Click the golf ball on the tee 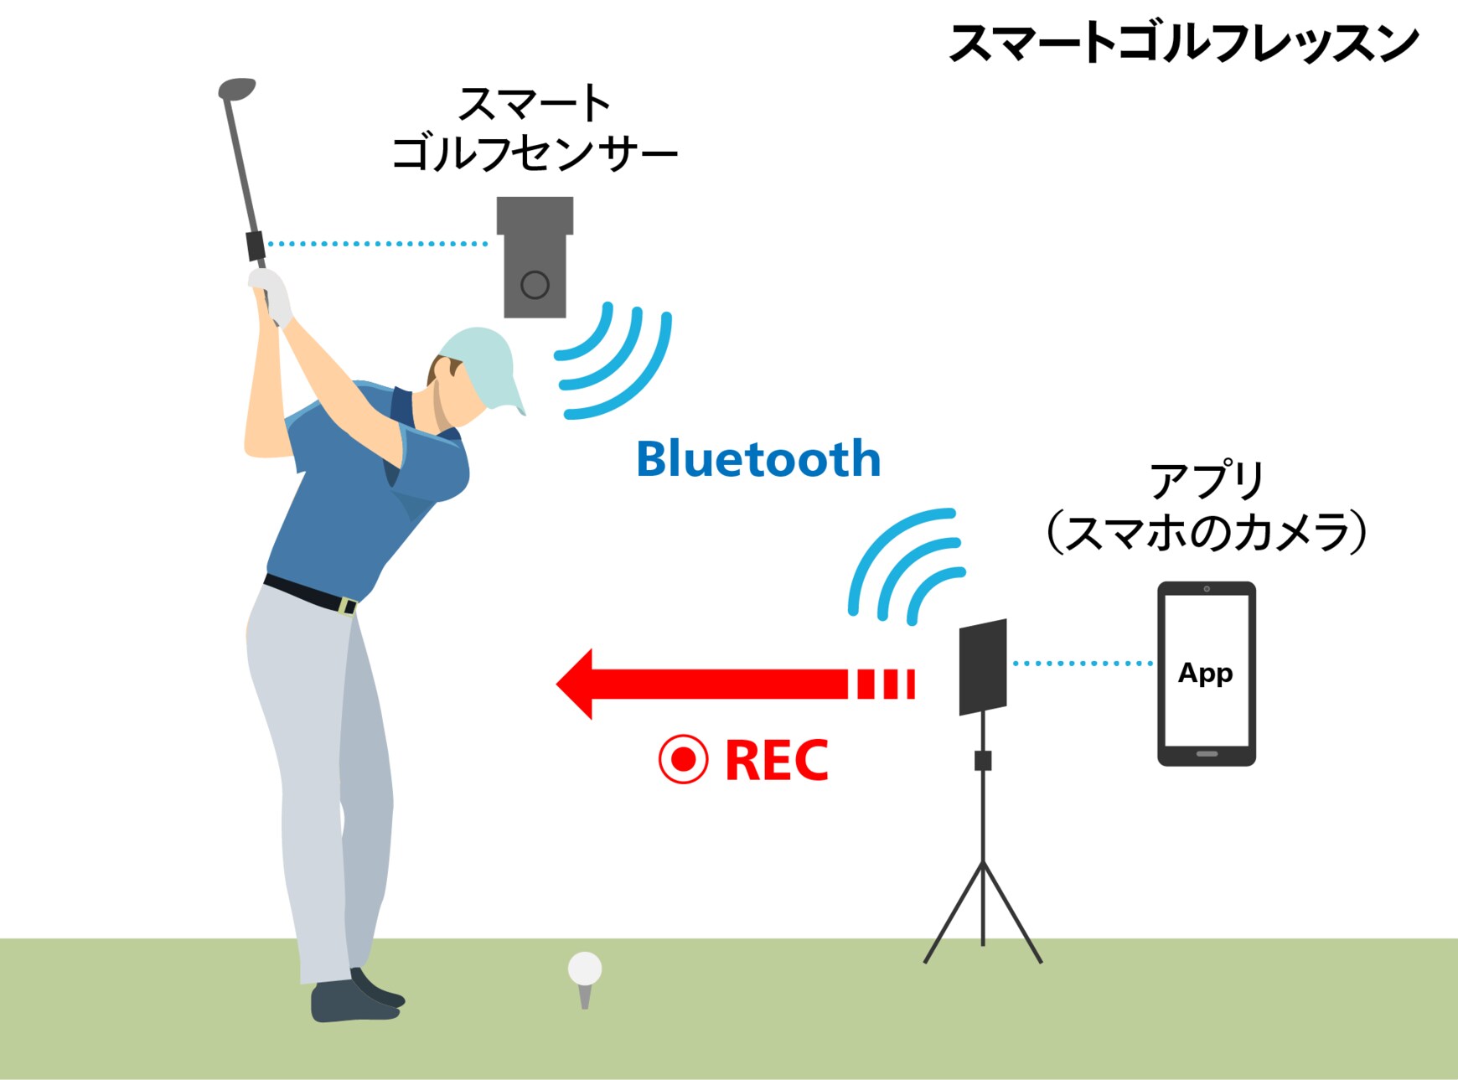(584, 969)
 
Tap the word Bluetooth (758, 459)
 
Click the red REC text (776, 760)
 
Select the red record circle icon (683, 759)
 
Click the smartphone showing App (1206, 673)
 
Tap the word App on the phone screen (1205, 673)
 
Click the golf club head (236, 88)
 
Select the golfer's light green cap (482, 360)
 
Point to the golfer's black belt (310, 592)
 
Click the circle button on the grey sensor (535, 285)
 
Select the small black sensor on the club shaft (256, 245)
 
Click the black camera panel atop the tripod (982, 667)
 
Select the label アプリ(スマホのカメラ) (1206, 507)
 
